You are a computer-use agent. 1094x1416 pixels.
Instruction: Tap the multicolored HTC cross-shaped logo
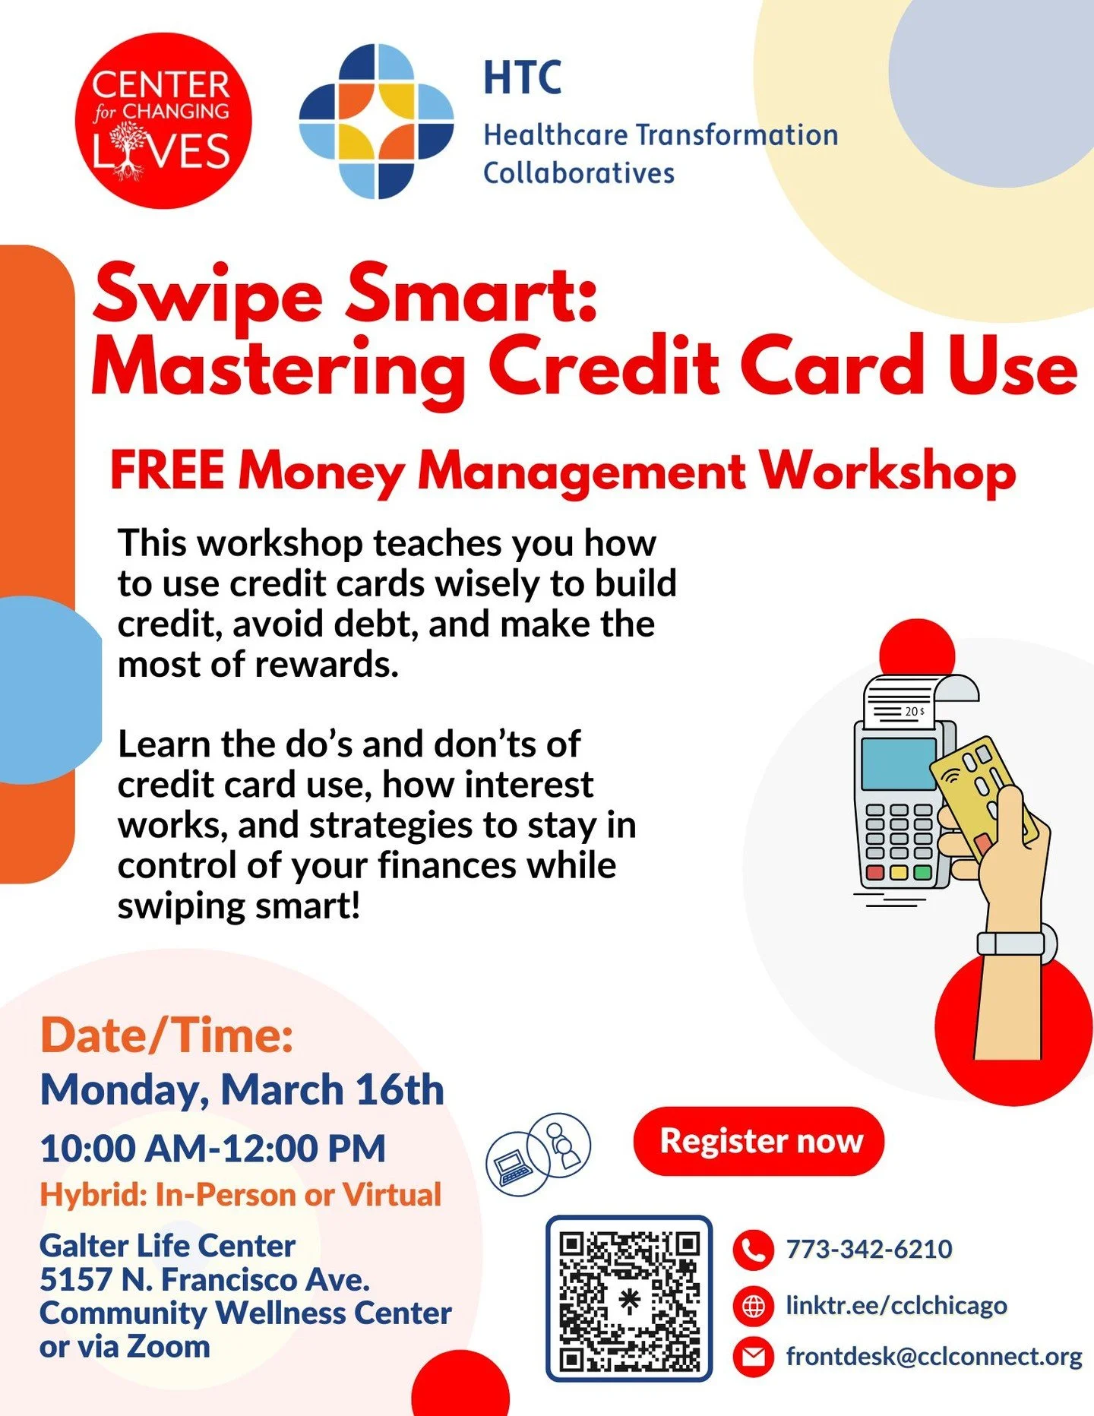pos(377,122)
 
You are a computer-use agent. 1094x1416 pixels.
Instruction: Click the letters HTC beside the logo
pos(523,77)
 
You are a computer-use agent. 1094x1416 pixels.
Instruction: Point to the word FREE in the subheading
pos(167,470)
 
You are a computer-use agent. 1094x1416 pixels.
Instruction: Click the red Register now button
pos(759,1141)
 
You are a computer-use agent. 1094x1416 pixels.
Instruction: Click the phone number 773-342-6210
pos(868,1249)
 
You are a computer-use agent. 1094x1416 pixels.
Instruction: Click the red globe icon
pos(753,1306)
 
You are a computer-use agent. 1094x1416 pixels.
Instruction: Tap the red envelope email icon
pos(753,1357)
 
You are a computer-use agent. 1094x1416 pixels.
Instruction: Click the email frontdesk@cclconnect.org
pos(934,1357)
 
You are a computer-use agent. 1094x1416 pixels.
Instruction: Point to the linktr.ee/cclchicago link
pos(896,1306)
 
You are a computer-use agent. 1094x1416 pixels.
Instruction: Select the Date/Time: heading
pos(167,1035)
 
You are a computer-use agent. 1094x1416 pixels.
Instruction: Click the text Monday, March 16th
pos(242,1090)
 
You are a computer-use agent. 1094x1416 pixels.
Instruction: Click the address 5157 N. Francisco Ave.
pos(205,1279)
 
